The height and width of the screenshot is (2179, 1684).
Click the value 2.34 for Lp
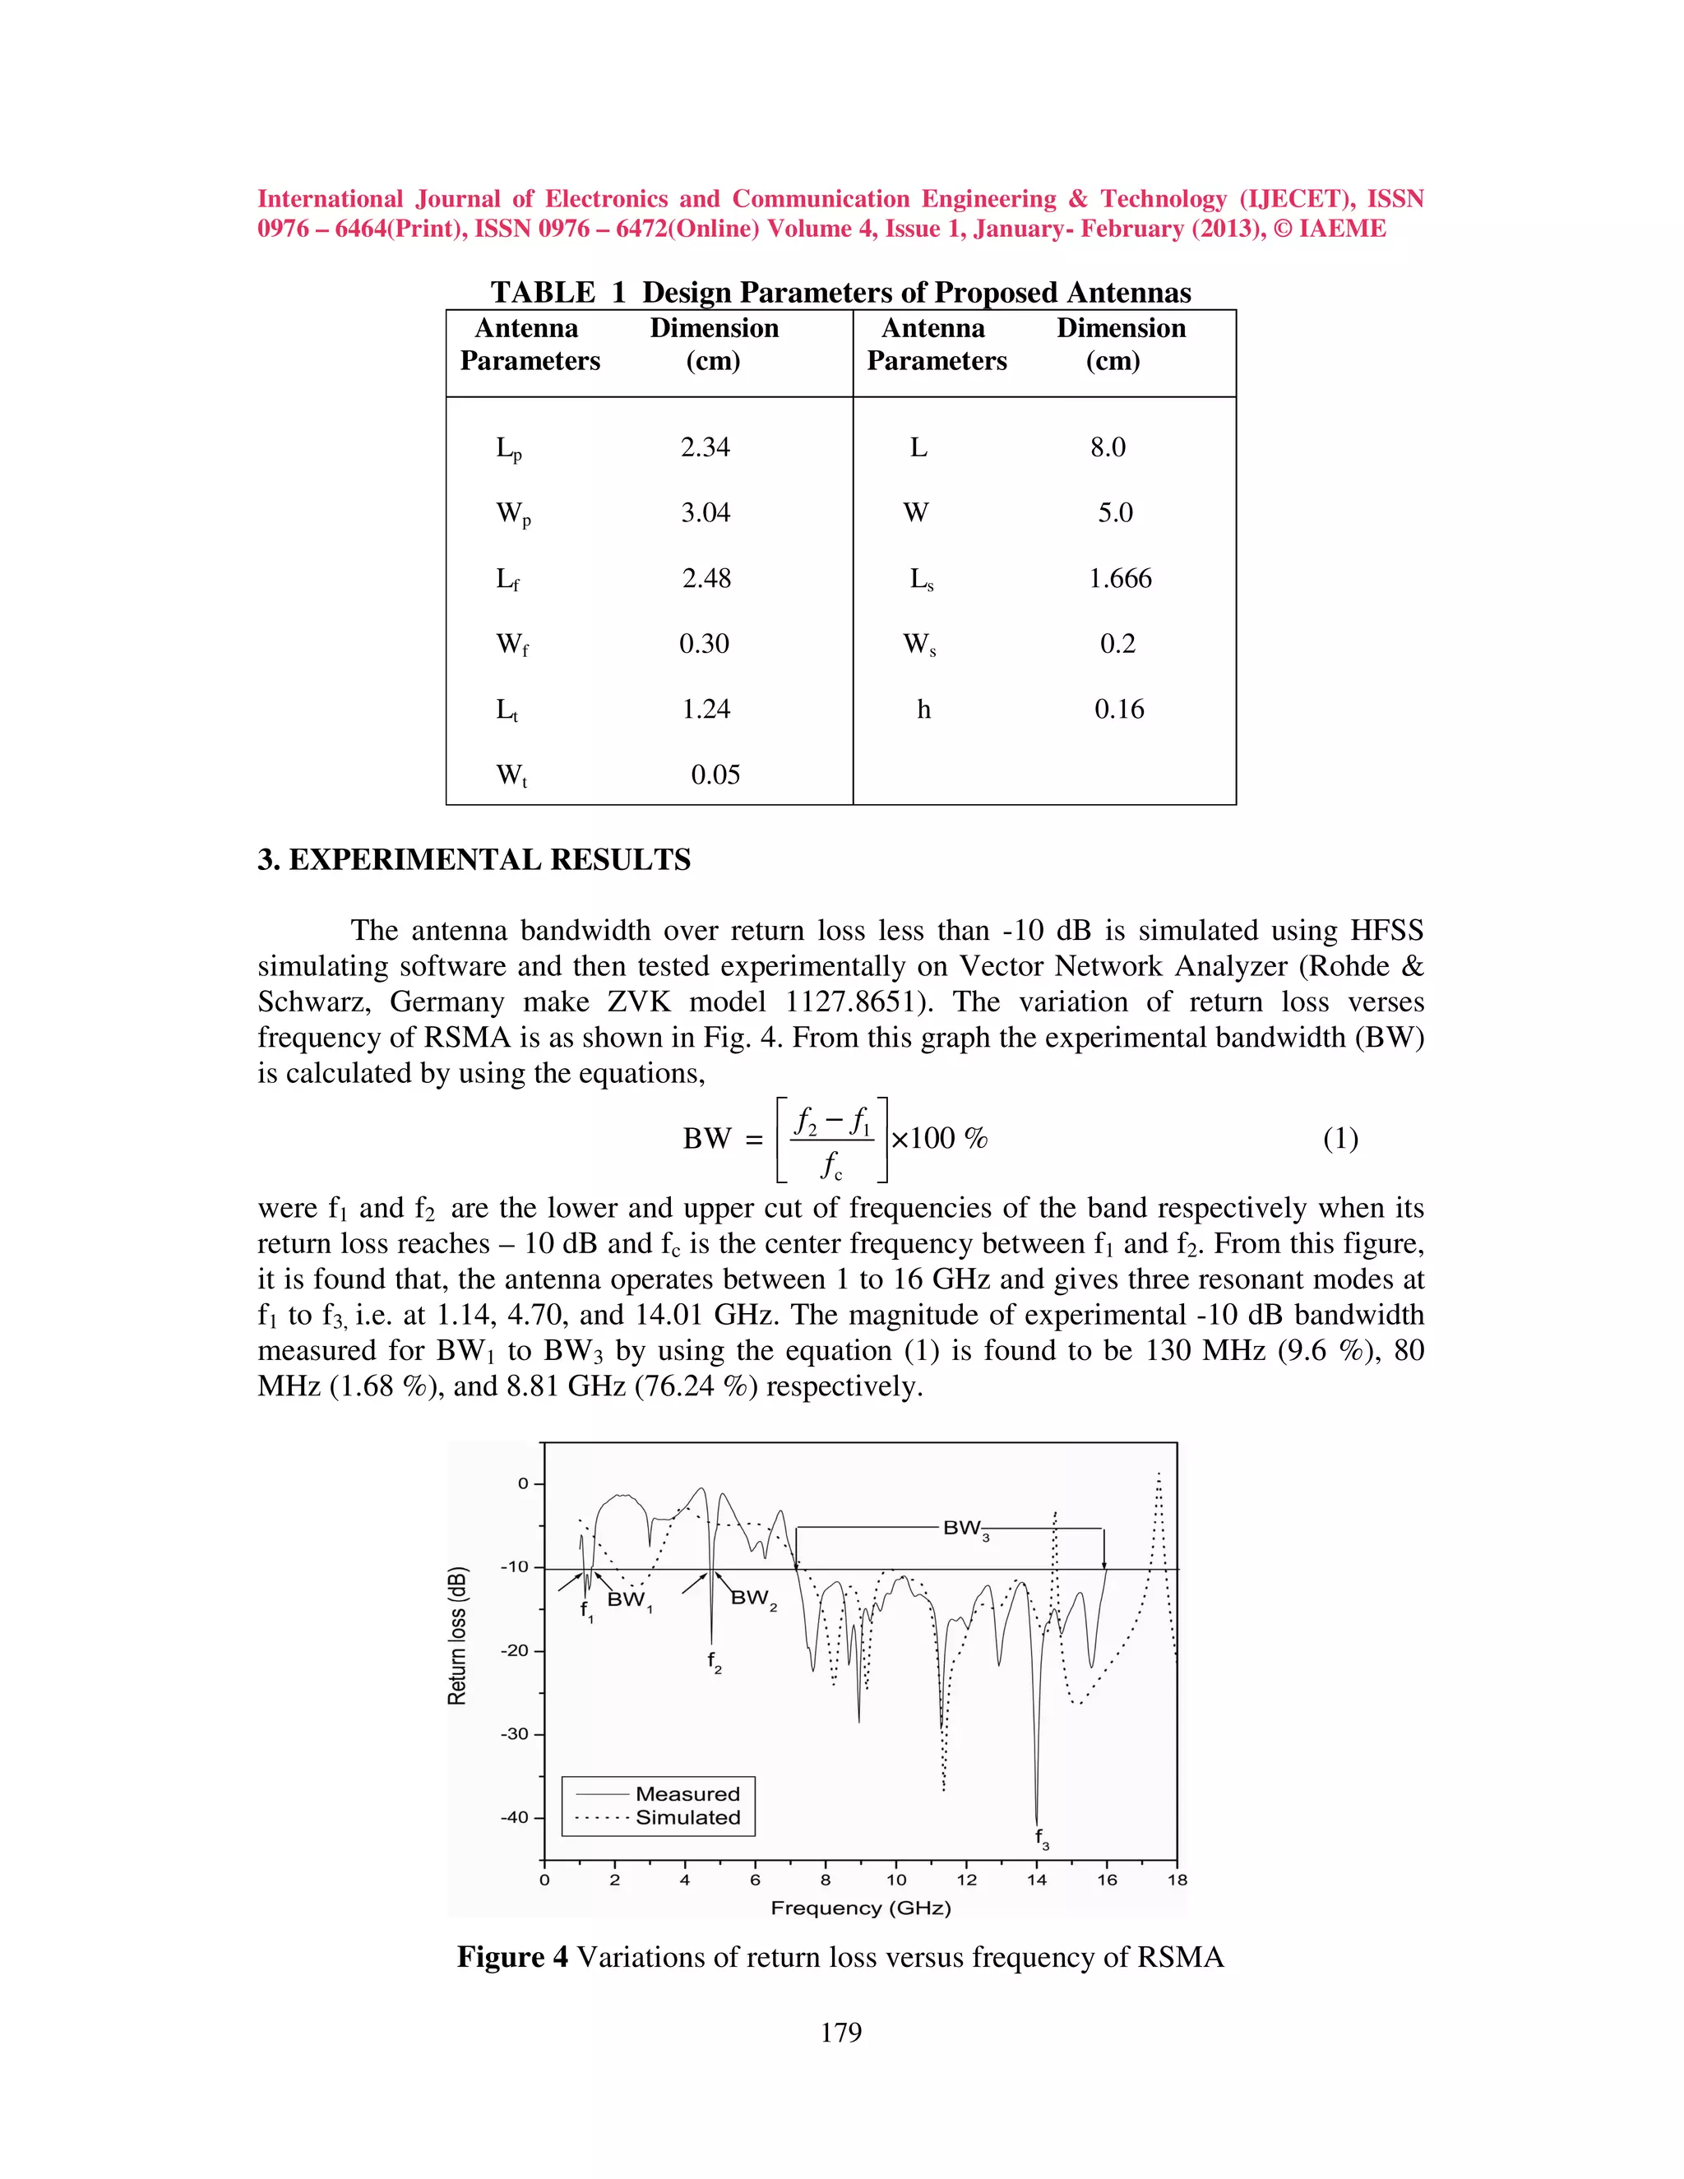click(x=705, y=447)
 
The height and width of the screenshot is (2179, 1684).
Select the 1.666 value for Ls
click(x=1119, y=579)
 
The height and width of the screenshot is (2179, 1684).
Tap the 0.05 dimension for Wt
click(x=715, y=775)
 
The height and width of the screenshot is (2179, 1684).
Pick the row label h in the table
click(x=923, y=710)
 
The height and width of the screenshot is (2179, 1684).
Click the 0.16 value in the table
click(x=1118, y=710)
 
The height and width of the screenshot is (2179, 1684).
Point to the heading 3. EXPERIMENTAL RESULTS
click(x=474, y=860)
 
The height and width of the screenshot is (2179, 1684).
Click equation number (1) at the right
click(x=1339, y=1138)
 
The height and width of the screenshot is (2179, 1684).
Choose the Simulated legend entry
click(x=687, y=1818)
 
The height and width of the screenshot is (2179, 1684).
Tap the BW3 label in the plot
click(x=965, y=1529)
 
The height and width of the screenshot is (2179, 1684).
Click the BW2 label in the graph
click(x=752, y=1598)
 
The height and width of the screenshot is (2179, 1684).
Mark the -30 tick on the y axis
click(x=515, y=1734)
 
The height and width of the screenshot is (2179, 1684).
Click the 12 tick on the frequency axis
click(x=967, y=1881)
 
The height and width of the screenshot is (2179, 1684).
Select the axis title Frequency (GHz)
click(x=860, y=1908)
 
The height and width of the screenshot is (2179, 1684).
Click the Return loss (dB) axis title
click(x=457, y=1636)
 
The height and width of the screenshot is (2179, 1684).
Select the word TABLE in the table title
click(x=543, y=293)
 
